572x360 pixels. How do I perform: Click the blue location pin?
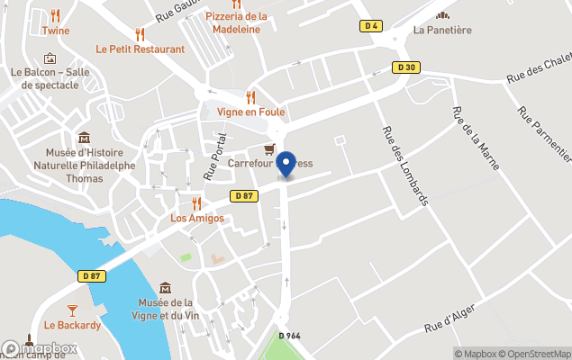coord(286,165)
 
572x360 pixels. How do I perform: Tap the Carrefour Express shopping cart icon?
coord(268,148)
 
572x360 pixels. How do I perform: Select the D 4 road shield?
coord(369,26)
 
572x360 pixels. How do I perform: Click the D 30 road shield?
coord(407,67)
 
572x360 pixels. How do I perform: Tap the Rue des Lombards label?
coord(404,166)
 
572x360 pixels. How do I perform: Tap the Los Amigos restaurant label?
coord(197,219)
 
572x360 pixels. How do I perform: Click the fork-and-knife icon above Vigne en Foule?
coord(251,97)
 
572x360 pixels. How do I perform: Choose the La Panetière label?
coord(441,30)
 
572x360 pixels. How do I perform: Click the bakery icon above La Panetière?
coord(441,14)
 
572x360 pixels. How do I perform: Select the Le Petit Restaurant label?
coord(141,49)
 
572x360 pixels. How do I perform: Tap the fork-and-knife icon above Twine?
coord(55,15)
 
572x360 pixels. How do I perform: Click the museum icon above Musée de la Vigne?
coord(166,288)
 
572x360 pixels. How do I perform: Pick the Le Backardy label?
coord(73,325)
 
